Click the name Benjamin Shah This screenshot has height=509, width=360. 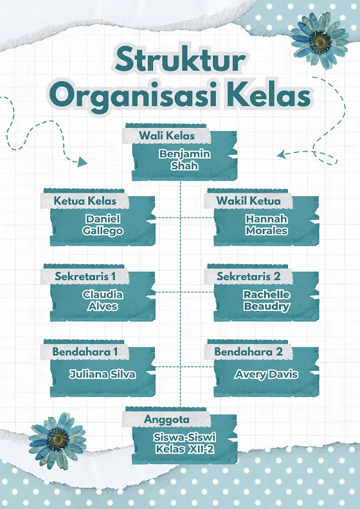coord(184,160)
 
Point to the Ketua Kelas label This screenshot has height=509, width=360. coord(85,200)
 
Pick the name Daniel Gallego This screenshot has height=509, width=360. coord(103,225)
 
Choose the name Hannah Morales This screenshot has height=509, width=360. coord(266,225)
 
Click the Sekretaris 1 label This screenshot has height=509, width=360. coord(85,276)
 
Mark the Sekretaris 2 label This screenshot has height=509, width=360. coord(248,276)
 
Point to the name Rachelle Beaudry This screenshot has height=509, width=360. coord(266,301)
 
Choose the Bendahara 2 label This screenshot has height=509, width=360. coord(248,351)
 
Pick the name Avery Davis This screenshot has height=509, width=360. coord(266,374)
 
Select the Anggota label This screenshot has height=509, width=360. coord(167,418)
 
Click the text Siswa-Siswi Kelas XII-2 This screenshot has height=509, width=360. coord(184,443)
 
